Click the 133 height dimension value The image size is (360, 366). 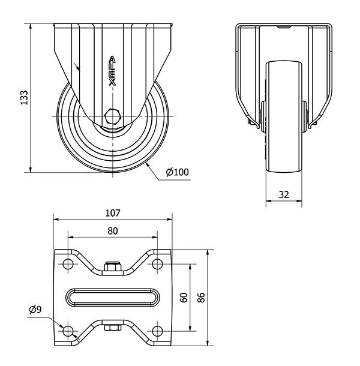tap(24, 97)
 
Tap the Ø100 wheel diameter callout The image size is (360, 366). tap(177, 172)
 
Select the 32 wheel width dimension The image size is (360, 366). tap(284, 194)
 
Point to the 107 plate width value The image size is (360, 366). tap(113, 213)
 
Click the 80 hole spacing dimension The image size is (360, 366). tap(113, 231)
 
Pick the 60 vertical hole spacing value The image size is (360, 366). tap(184, 298)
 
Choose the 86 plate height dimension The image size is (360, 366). tap(201, 298)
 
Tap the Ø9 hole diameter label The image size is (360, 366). tap(35, 310)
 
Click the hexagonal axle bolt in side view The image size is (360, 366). tap(113, 116)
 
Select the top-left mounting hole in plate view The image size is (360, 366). tap(68, 264)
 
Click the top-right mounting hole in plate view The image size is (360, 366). tap(157, 264)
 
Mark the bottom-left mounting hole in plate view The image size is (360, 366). tap(68, 331)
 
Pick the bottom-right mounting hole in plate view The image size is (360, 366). tap(157, 331)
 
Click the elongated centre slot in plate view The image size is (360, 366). tap(113, 298)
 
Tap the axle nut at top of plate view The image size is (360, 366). tap(113, 266)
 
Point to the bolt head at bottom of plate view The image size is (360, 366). tap(113, 328)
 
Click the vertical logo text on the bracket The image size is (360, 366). tap(112, 71)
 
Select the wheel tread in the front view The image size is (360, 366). tap(284, 117)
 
